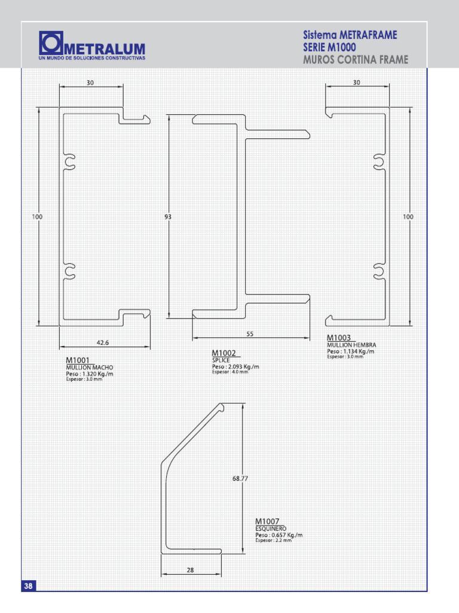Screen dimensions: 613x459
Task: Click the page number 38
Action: pos(29,586)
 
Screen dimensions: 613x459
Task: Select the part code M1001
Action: pos(78,360)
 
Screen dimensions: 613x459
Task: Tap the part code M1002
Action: pos(224,353)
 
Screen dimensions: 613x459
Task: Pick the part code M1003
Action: pos(339,338)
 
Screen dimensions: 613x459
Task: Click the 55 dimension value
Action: pos(250,333)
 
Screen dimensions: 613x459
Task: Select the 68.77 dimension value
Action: pos(240,478)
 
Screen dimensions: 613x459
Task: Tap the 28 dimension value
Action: pos(190,570)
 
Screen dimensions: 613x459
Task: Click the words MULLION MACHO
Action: pos(89,367)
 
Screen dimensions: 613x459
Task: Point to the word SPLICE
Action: pos(221,360)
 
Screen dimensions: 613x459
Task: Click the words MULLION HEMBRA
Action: pos(351,345)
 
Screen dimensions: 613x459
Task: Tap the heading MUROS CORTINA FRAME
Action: pos(356,59)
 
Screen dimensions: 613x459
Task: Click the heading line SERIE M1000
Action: pos(333,47)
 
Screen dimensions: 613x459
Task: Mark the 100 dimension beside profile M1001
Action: pos(37,217)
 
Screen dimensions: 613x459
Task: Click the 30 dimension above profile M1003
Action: pos(356,83)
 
